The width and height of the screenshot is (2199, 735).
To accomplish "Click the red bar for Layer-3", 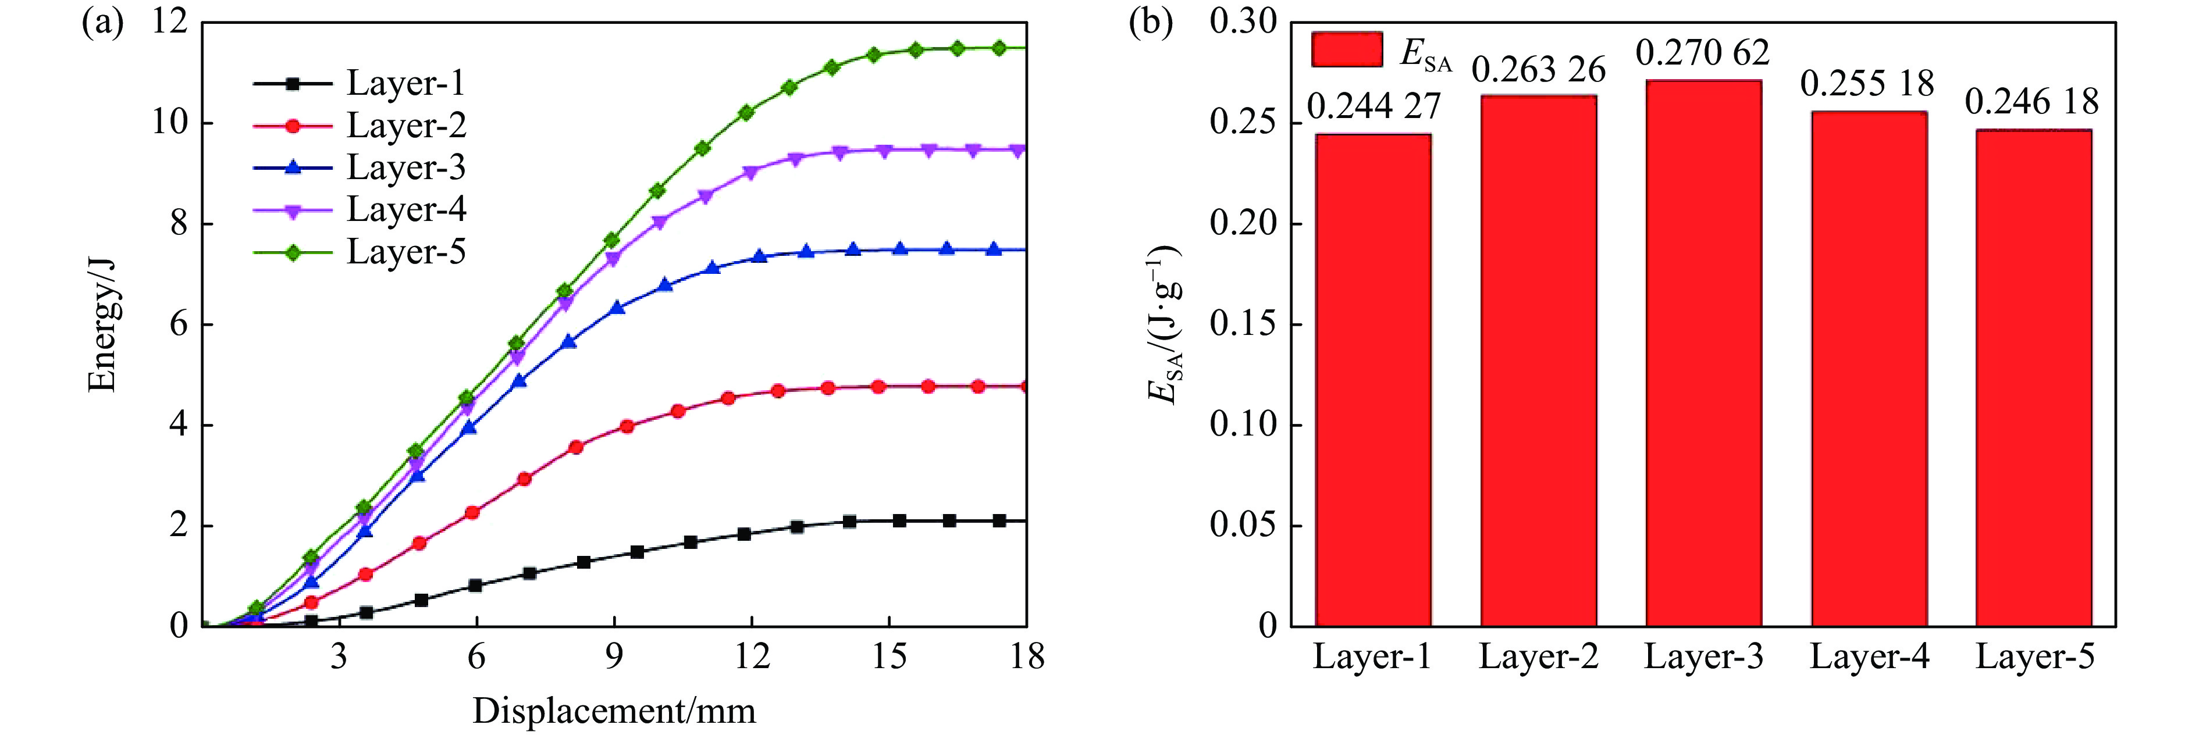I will pos(1703,354).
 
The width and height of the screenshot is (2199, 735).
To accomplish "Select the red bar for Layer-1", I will pos(1373,380).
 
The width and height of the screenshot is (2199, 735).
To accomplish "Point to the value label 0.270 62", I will pos(1702,53).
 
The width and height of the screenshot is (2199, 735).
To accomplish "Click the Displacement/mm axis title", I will pos(614,710).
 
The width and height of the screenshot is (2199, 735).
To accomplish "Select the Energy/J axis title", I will pos(102,325).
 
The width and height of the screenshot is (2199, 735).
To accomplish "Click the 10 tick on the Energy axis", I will pos(169,122).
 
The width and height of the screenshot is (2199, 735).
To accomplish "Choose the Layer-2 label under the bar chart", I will pos(1538,656).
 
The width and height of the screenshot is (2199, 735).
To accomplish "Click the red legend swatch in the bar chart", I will pos(1346,49).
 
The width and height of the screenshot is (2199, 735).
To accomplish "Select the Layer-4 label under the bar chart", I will pos(1869,656).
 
